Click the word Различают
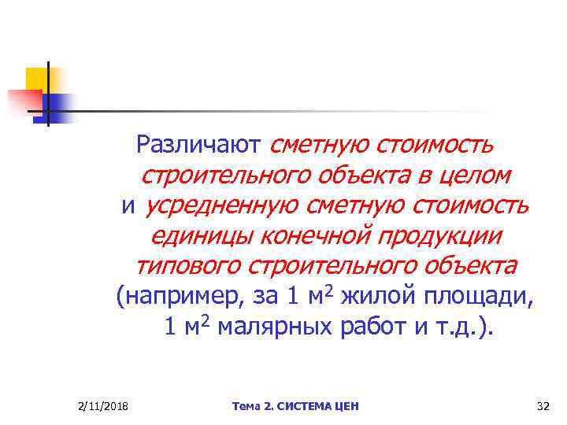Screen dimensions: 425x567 point(198,144)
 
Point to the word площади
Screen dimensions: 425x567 point(481,297)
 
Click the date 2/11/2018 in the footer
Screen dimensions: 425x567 point(105,406)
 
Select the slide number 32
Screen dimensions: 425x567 point(542,406)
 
